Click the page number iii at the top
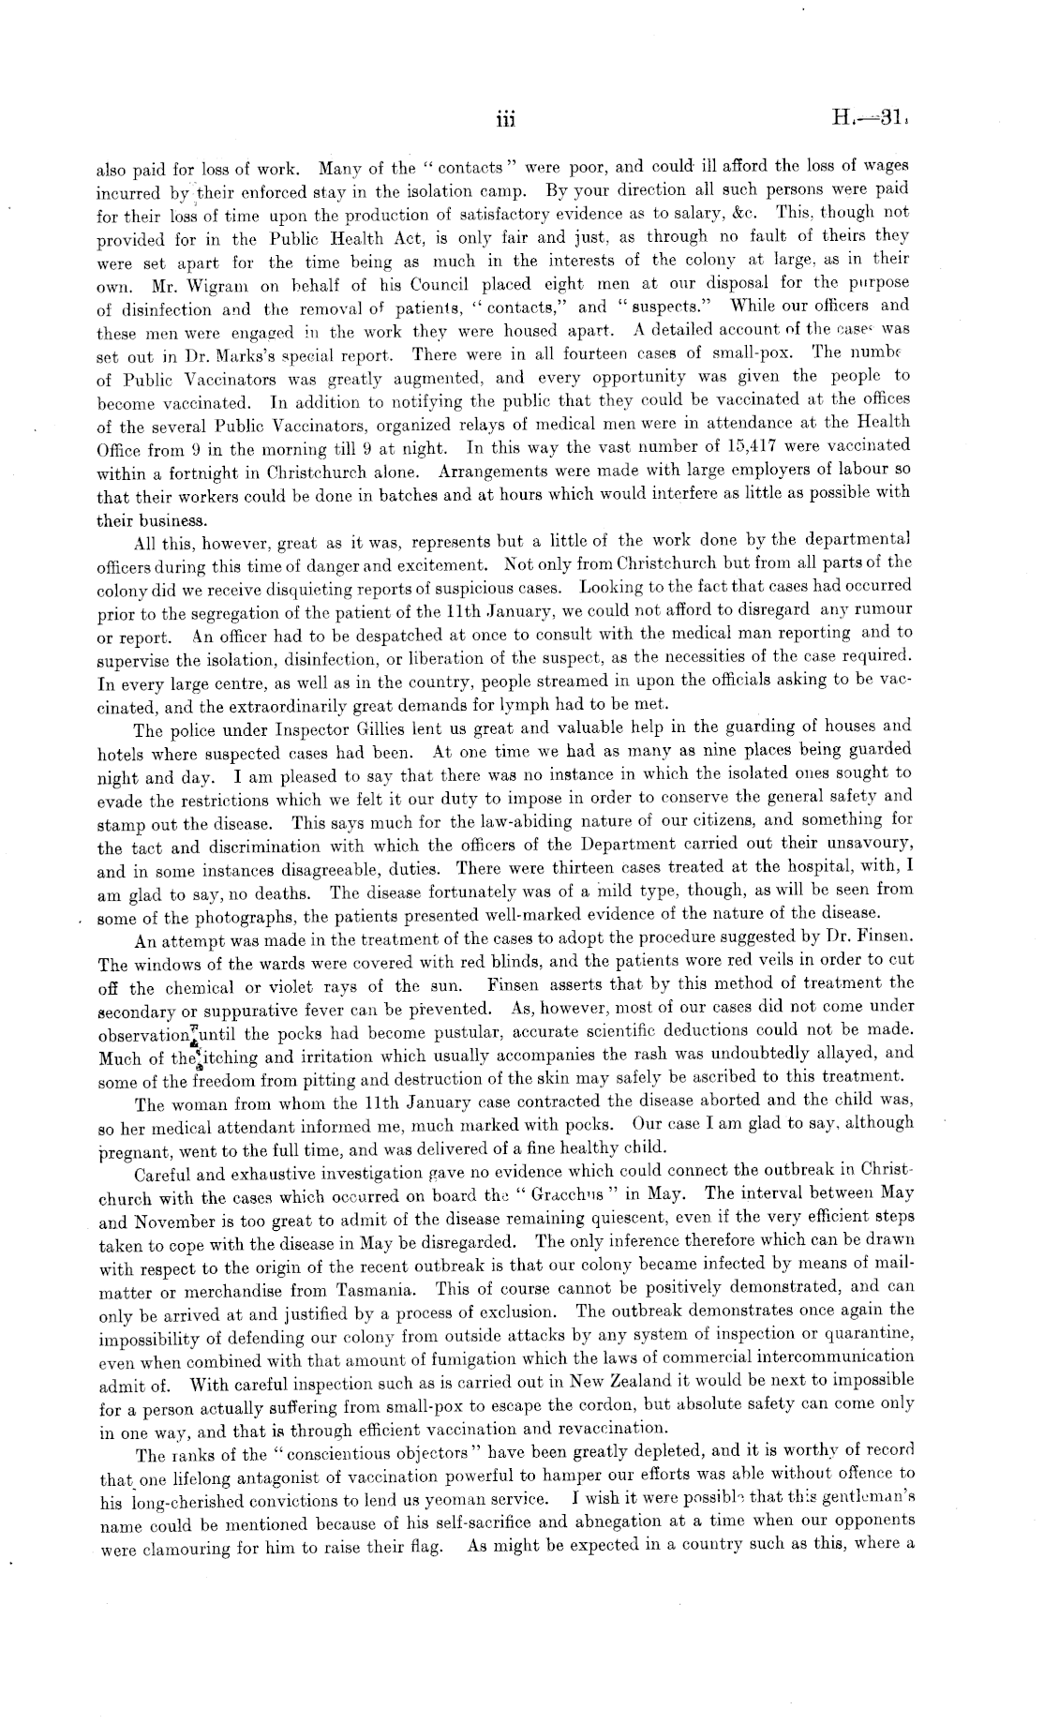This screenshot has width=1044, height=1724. pyautogui.click(x=506, y=119)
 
